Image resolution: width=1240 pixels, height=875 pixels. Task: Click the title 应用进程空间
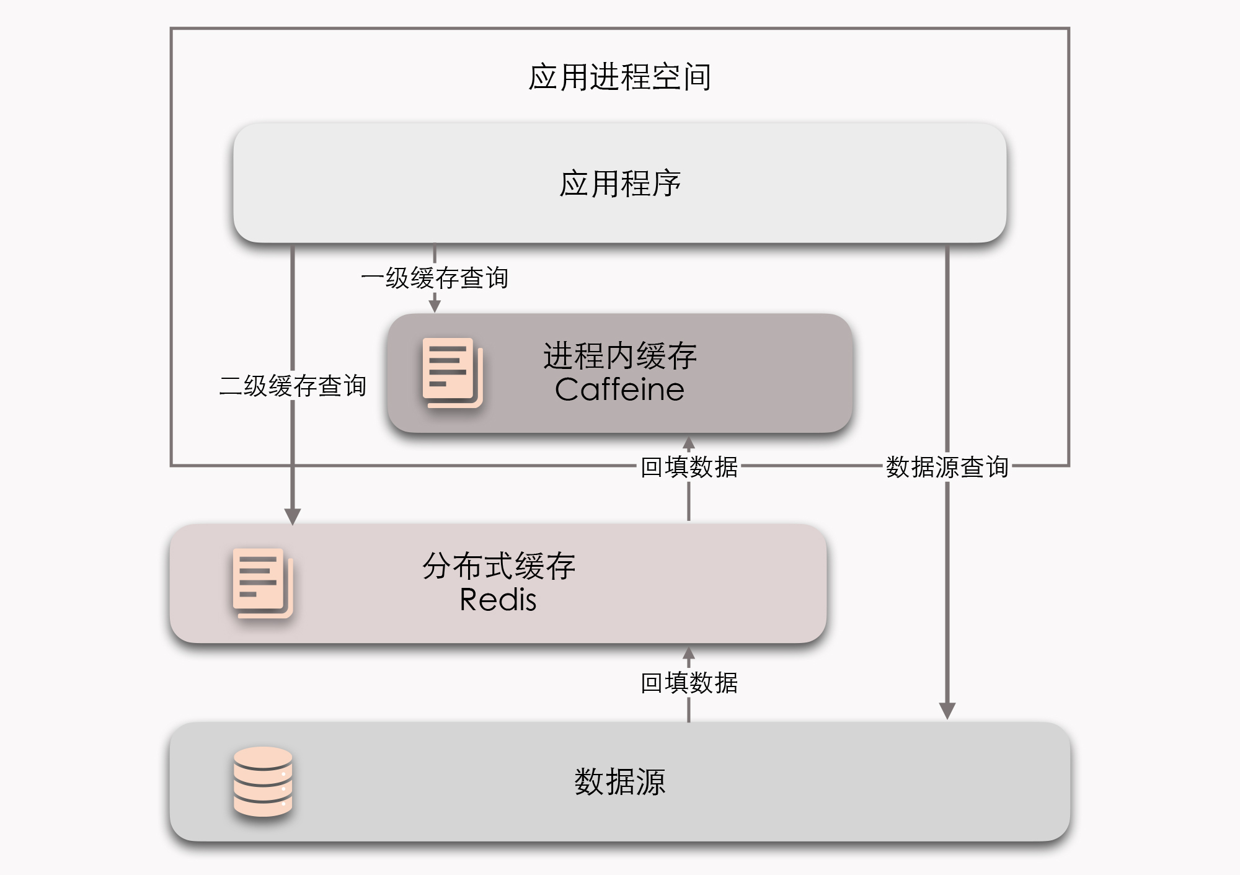pos(619,77)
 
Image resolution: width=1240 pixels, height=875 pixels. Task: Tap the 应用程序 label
pos(619,184)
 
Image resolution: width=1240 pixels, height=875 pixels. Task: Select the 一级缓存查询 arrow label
pos(435,278)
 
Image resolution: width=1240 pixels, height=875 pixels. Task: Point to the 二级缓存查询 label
pos(293,386)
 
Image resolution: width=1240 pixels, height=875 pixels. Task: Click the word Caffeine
pos(619,390)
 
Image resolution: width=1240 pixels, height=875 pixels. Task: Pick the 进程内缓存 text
pos(619,356)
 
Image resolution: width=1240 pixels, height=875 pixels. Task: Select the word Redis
pos(498,600)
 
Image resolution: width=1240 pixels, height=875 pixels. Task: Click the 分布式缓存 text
pos(498,566)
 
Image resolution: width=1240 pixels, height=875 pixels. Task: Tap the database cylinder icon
pos(263,781)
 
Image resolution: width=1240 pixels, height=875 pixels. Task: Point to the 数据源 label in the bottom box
pos(619,781)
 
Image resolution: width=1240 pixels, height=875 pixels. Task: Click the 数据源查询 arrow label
pos(947,467)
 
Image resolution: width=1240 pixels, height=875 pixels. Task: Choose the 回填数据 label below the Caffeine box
pos(689,467)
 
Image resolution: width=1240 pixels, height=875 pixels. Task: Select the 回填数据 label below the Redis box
pos(689,683)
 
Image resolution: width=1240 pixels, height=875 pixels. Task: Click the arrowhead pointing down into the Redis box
pos(293,516)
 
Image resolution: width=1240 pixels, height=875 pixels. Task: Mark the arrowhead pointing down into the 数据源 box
pos(947,711)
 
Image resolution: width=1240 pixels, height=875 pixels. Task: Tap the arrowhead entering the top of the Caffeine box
pos(435,304)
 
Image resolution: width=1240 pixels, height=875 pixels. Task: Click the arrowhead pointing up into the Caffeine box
pos(689,443)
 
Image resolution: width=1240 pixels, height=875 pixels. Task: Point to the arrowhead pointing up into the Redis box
pos(689,653)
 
